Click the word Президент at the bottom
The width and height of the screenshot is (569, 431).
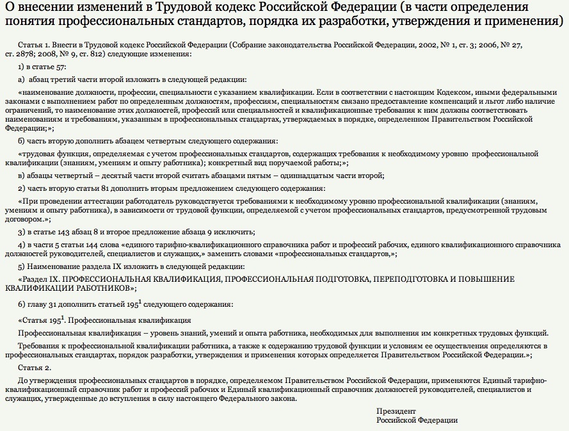(396, 411)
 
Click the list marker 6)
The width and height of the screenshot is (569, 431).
(21, 304)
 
